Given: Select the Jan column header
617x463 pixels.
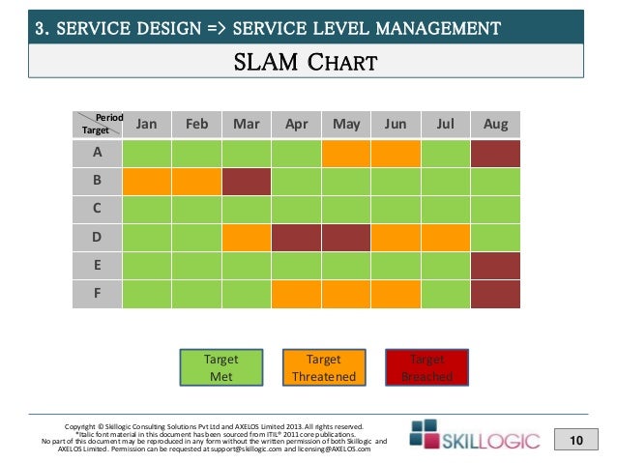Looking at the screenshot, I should coord(147,125).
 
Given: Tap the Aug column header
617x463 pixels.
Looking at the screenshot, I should coord(495,125).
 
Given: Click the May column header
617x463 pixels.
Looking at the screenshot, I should coord(346,125).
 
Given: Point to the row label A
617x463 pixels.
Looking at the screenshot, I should coord(97,153).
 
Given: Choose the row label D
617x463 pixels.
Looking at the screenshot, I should coord(97,237).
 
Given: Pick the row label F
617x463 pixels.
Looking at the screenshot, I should coord(97,293).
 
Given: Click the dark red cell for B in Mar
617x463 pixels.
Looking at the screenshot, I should coord(246,181).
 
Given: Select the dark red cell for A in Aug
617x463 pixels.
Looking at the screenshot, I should coord(495,153).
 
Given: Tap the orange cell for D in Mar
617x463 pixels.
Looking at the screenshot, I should coord(246,237).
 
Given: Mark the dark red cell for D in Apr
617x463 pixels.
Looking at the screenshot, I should coord(296,237).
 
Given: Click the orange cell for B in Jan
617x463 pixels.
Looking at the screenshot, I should coord(147,181).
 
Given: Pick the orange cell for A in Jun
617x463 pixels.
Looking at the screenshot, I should coord(396,153).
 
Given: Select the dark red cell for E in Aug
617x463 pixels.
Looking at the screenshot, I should coord(495,265).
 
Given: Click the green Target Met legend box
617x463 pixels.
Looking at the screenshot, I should coord(220,367).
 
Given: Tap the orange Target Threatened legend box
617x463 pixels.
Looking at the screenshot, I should coord(324,367).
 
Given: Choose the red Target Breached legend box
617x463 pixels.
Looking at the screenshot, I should coord(426,367).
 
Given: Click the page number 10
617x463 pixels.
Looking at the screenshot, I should coord(577,441).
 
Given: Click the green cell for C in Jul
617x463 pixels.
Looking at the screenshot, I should coord(446,209).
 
